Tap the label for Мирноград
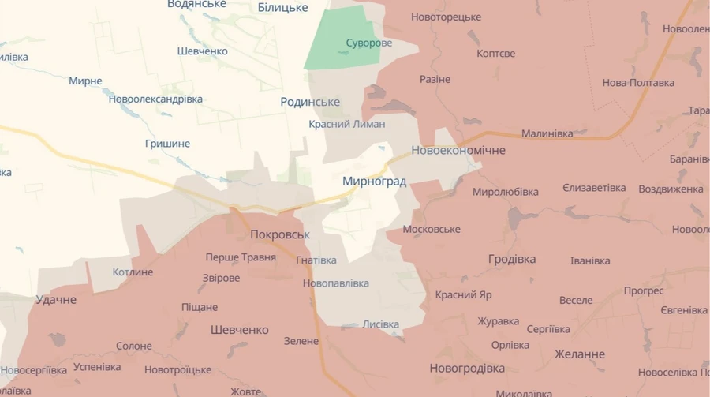374,182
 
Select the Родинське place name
310,102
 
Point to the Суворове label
368,43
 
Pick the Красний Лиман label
346,124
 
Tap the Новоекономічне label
458,150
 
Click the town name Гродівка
511,259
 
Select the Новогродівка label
467,368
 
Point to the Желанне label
580,354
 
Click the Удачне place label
56,300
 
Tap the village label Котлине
133,272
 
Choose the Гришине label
167,144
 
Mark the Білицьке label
282,7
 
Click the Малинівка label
547,133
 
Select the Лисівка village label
380,324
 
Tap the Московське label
431,229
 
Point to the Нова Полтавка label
638,82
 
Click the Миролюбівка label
505,192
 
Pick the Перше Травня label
241,257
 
